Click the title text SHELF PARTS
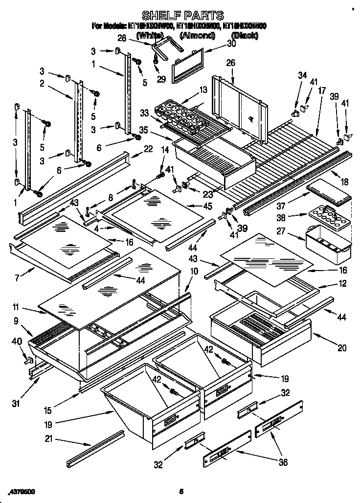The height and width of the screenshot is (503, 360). point(182,16)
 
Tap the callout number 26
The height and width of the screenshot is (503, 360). point(230,63)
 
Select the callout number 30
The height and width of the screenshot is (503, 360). point(231,44)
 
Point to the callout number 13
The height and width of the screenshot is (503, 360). point(203,90)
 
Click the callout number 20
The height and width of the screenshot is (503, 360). point(342,348)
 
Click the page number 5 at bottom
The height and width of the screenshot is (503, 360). point(180,491)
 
